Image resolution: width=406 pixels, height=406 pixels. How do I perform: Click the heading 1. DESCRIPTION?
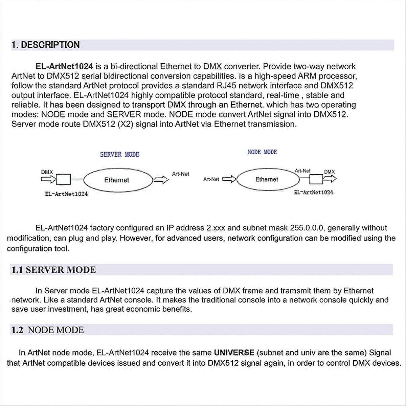pyautogui.click(x=46, y=45)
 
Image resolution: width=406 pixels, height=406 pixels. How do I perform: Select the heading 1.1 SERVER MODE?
pyautogui.click(x=54, y=270)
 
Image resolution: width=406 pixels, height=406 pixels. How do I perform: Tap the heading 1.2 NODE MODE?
pyautogui.click(x=48, y=330)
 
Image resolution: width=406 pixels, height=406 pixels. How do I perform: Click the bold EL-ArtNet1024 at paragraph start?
pyautogui.click(x=64, y=66)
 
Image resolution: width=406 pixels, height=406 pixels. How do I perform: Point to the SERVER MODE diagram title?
pyautogui.click(x=119, y=154)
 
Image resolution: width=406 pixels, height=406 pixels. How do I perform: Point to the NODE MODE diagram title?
pyautogui.click(x=262, y=152)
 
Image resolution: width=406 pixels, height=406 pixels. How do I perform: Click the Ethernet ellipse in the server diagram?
pyautogui.click(x=117, y=180)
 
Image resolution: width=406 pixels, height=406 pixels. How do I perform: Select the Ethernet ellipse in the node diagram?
pyautogui.click(x=267, y=179)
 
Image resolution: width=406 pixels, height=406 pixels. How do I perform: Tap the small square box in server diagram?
pyautogui.click(x=63, y=179)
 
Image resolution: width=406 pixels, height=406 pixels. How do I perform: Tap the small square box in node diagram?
pyautogui.click(x=317, y=179)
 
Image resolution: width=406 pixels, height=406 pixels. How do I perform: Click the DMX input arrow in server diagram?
pyautogui.click(x=48, y=179)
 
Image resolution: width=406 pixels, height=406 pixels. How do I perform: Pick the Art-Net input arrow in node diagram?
pyautogui.click(x=229, y=179)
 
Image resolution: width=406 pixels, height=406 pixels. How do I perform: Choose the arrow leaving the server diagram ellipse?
pyautogui.click(x=161, y=180)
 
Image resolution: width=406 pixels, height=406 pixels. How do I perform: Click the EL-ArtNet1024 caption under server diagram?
pyautogui.click(x=66, y=194)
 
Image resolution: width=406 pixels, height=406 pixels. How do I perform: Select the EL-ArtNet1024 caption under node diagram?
pyautogui.click(x=313, y=192)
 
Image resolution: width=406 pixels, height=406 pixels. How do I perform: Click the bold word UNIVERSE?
pyautogui.click(x=234, y=353)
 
